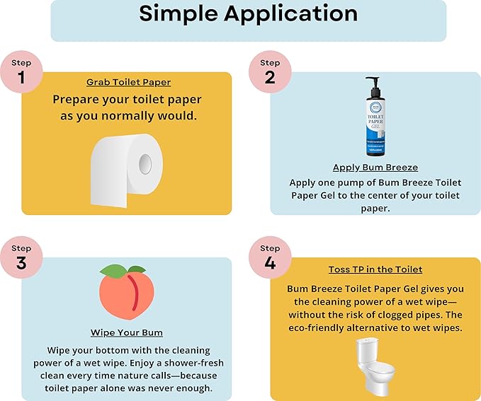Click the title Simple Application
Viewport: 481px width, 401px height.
coord(248,13)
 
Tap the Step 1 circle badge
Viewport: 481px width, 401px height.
coord(21,72)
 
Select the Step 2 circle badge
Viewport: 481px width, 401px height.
coord(270,72)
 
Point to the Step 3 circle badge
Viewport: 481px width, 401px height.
coord(21,257)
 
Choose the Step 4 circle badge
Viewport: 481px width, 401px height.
coord(270,257)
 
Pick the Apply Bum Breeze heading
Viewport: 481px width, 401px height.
coord(375,168)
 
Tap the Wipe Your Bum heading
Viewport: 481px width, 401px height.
coord(127,332)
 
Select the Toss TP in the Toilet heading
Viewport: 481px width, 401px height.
coord(375,269)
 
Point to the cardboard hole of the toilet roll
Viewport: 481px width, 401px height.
coord(145,163)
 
